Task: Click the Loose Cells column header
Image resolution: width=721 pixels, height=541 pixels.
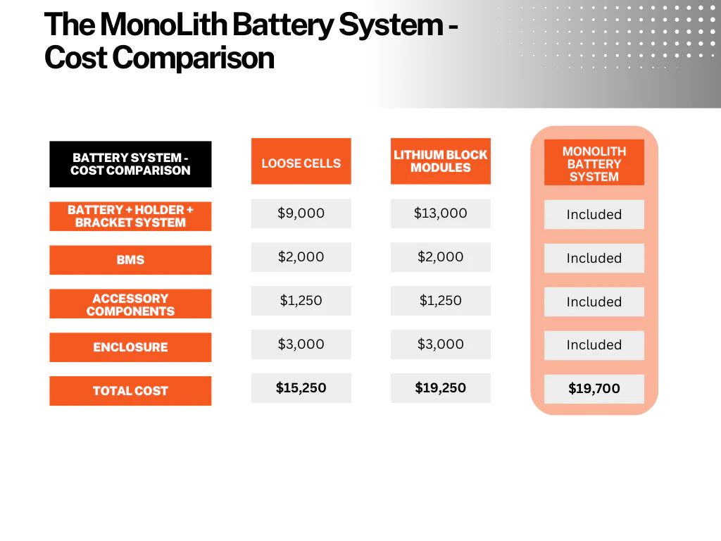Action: coord(301,161)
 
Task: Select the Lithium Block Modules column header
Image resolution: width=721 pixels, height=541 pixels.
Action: coord(441,161)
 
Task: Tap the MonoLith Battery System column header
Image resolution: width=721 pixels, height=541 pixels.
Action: coord(594,163)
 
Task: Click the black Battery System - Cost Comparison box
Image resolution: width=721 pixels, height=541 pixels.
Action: coord(130,164)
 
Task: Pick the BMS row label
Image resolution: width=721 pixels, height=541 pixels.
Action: coord(130,260)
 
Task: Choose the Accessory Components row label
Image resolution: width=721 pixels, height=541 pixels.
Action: coord(130,304)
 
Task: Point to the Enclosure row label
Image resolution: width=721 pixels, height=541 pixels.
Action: coord(130,347)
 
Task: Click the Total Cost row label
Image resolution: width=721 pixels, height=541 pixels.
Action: coord(130,391)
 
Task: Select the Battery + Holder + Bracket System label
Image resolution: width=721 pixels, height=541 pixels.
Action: coord(130,216)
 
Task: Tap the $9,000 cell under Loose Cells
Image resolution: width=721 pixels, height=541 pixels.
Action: coord(301,213)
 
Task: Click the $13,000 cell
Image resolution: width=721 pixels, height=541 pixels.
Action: coord(441,213)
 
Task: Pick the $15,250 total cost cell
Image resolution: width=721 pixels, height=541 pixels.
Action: coord(301,388)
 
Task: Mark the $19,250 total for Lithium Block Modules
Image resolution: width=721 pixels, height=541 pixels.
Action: coord(441,388)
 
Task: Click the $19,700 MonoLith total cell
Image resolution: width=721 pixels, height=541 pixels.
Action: coord(594,389)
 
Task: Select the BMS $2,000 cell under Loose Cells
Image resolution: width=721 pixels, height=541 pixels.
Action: coord(301,257)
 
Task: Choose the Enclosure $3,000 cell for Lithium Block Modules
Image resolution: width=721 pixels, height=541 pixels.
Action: coord(441,344)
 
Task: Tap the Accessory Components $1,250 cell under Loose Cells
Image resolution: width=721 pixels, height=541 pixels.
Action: coord(301,301)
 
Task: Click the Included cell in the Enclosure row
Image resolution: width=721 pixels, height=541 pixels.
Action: coord(594,345)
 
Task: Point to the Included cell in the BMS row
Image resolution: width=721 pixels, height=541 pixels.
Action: coord(594,258)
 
